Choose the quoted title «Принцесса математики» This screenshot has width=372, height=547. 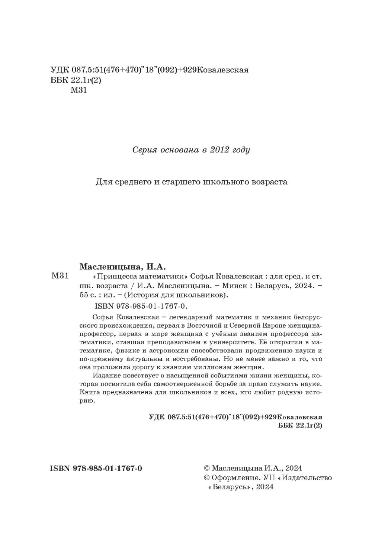140,277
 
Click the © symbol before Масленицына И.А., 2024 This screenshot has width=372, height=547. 207,468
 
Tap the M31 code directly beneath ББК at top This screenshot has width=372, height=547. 78,90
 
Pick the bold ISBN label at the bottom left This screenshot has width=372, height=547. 60,468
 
